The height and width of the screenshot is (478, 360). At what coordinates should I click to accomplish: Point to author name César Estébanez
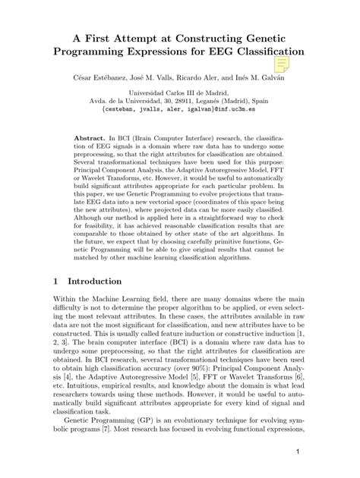[112, 78]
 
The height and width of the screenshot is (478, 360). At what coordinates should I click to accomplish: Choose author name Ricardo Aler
[208, 78]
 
